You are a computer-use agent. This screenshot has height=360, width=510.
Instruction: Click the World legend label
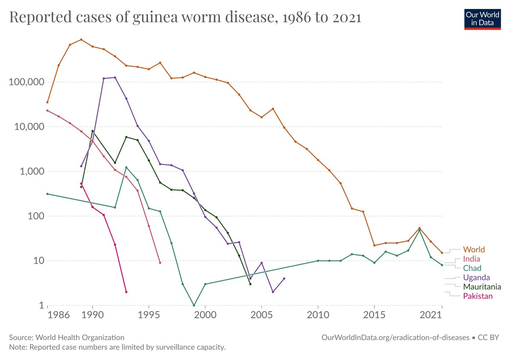tap(473, 249)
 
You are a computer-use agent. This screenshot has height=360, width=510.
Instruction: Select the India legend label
tap(472, 259)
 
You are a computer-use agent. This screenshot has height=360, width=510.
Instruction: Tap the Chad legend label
tap(472, 268)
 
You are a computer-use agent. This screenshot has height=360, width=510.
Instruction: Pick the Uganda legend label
tap(476, 278)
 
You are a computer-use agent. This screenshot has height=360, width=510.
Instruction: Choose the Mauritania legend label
tap(482, 287)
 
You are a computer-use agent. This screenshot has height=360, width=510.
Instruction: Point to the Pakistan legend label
tap(478, 296)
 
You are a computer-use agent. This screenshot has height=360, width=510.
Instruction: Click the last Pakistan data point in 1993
tap(126, 292)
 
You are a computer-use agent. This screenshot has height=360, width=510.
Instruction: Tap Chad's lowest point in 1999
tap(194, 305)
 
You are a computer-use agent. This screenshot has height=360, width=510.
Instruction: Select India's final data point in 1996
tap(160, 263)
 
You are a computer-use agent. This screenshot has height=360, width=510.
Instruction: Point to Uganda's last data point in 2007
tap(284, 278)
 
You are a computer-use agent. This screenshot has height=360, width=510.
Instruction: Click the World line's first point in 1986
tap(48, 102)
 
